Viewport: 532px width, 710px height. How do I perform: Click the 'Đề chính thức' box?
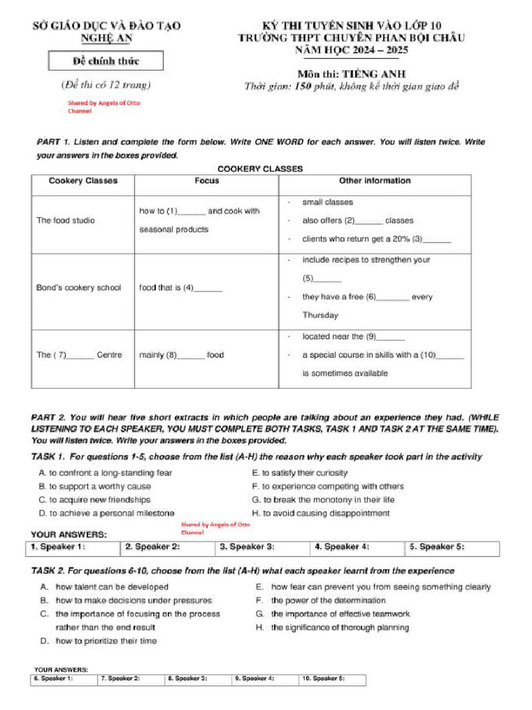105,61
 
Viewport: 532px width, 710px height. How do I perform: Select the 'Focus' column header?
206,181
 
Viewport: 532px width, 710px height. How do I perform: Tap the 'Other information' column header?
374,181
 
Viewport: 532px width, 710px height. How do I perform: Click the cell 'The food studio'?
66,220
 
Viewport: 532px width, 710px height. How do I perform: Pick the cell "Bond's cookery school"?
78,288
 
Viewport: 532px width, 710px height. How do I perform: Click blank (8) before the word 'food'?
191,356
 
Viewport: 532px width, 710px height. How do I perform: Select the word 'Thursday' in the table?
320,315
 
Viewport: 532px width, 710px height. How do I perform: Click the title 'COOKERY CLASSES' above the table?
260,168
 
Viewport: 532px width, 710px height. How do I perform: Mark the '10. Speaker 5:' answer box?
332,679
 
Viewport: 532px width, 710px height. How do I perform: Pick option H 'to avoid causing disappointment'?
321,514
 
